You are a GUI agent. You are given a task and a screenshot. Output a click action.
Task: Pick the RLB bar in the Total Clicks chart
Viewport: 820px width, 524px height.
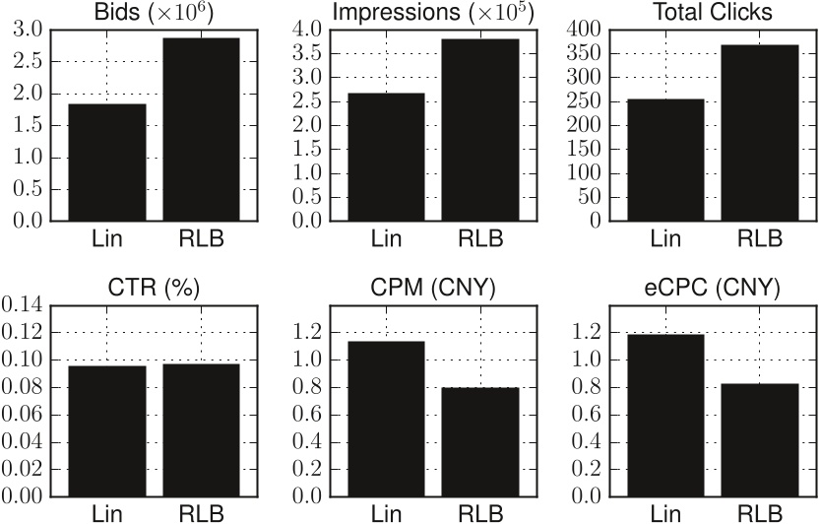pyautogui.click(x=759, y=132)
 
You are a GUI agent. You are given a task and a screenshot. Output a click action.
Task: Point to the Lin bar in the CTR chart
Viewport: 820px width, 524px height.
pyautogui.click(x=106, y=431)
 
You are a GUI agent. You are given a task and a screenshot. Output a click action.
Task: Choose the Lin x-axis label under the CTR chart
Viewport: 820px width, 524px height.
pyautogui.click(x=106, y=513)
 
